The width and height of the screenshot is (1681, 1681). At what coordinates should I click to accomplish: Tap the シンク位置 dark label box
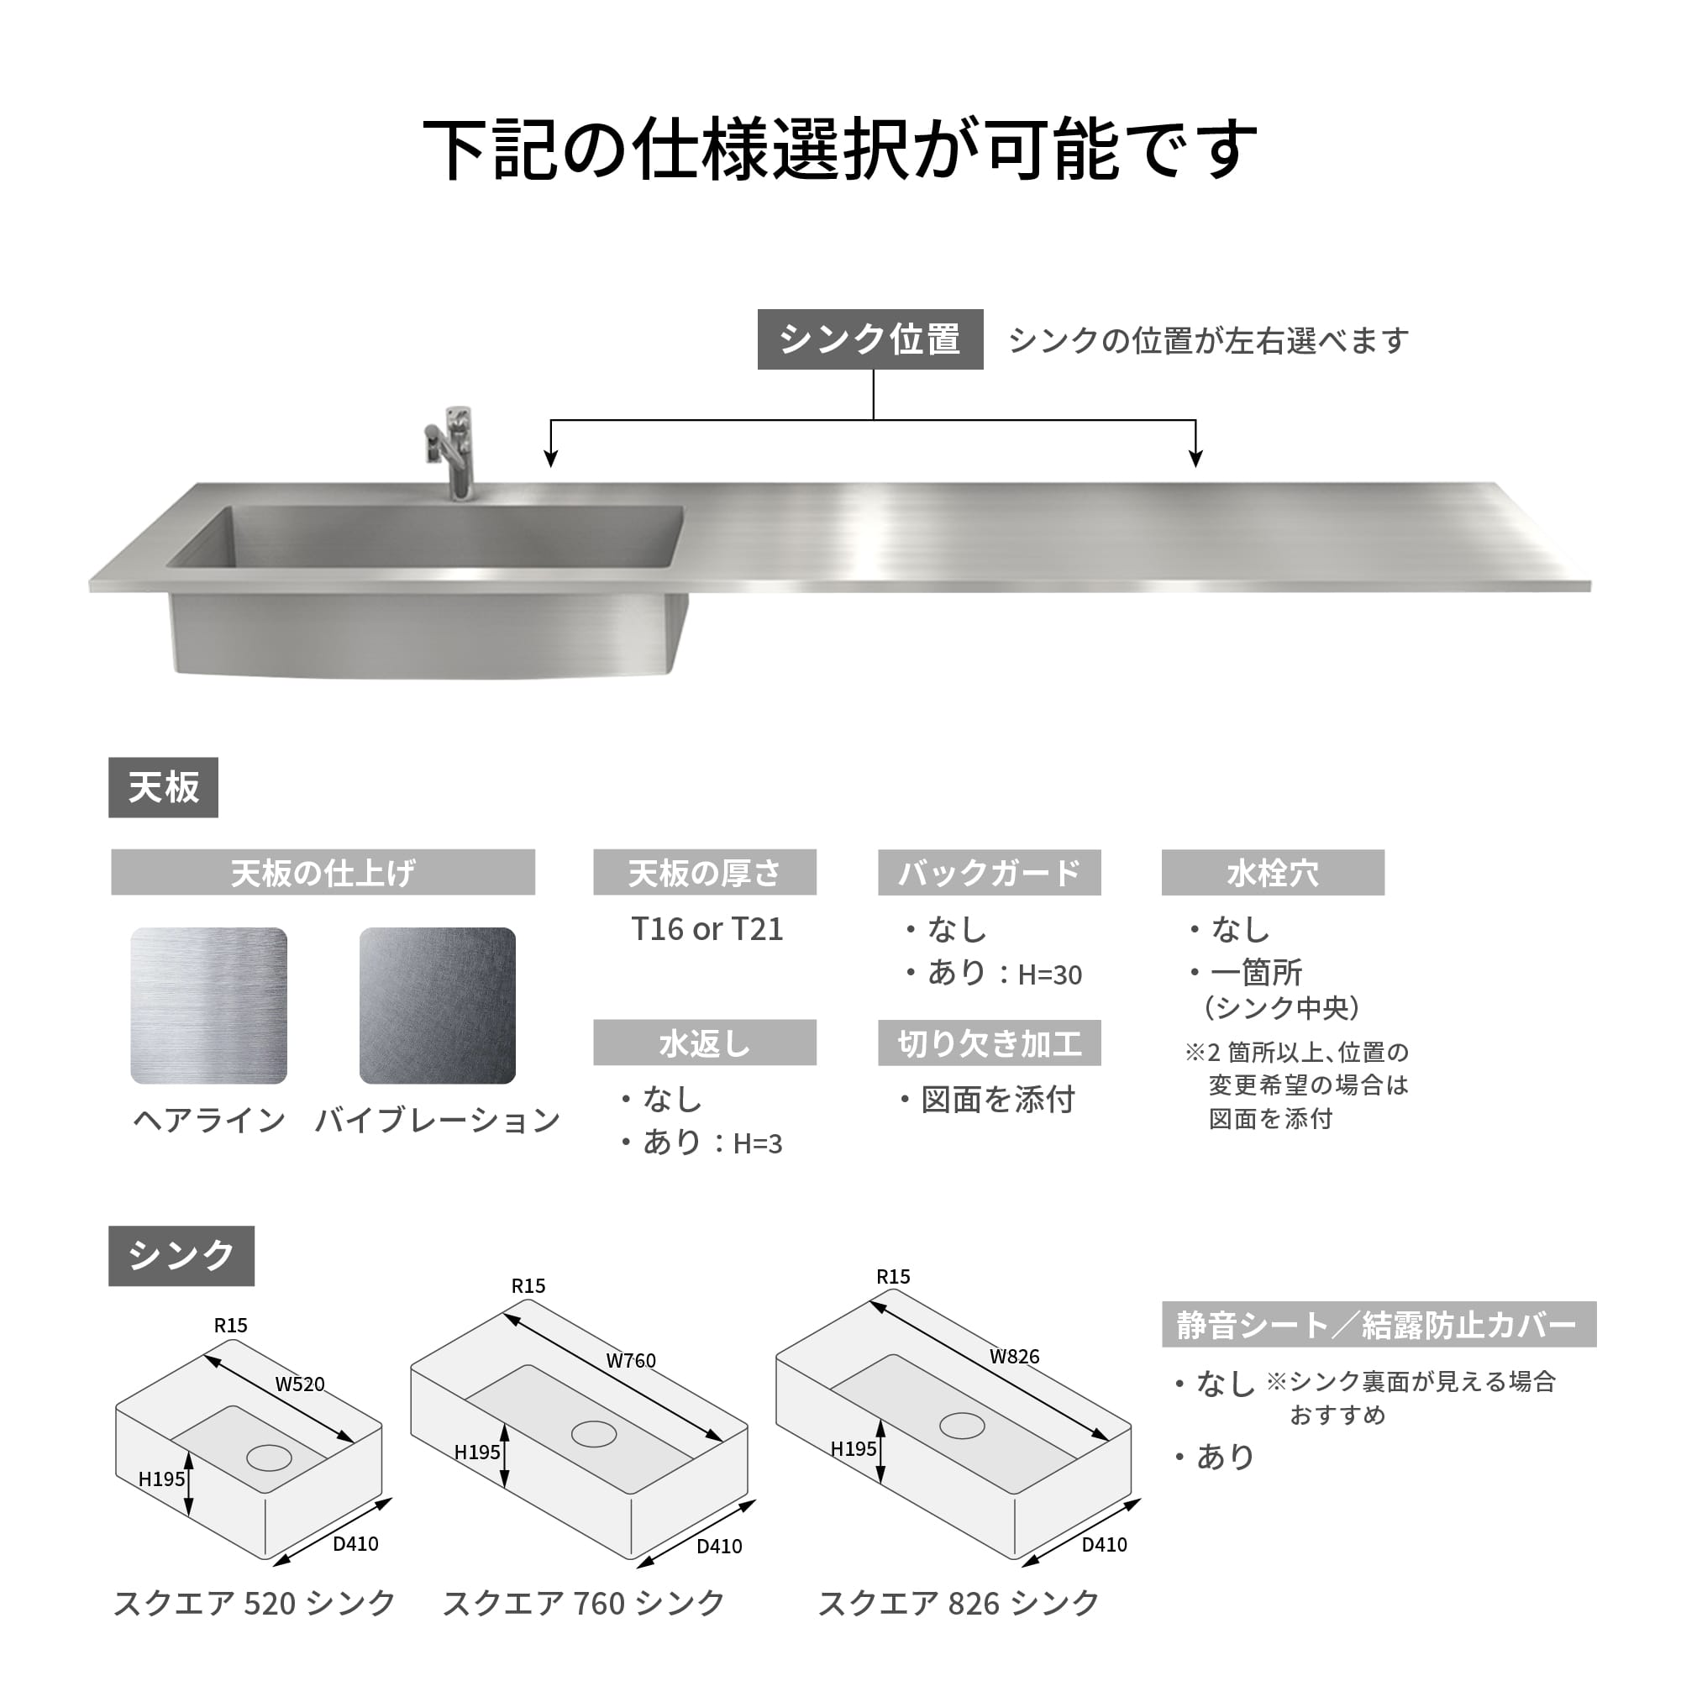870,339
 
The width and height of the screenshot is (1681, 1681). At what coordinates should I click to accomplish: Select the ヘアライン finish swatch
209,1006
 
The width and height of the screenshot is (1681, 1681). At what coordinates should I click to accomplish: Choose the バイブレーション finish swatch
438,1006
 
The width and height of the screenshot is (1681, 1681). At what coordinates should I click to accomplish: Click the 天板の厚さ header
705,872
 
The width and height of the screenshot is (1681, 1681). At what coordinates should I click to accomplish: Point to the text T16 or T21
707,929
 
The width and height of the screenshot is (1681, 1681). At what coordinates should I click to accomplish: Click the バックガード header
990,872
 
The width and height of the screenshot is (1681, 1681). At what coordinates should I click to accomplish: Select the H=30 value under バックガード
1050,975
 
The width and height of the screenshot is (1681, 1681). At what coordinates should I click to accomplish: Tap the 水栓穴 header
1273,872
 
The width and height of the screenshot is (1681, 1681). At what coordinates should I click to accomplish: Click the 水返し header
705,1043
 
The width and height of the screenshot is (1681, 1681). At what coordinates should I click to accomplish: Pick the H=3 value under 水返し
758,1144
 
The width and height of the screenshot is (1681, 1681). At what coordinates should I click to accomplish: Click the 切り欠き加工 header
990,1043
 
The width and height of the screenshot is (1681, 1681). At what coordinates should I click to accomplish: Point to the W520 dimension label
300,1384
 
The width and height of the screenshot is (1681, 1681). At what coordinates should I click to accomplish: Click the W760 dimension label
631,1361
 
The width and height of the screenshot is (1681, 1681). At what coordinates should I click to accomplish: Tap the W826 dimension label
1015,1357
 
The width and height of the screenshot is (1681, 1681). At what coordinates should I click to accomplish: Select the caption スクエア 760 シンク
584,1604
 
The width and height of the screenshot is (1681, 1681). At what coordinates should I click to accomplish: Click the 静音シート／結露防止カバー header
1379,1325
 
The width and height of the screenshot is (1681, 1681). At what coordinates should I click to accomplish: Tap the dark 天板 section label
164,787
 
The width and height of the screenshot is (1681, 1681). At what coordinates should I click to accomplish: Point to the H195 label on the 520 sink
162,1479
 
